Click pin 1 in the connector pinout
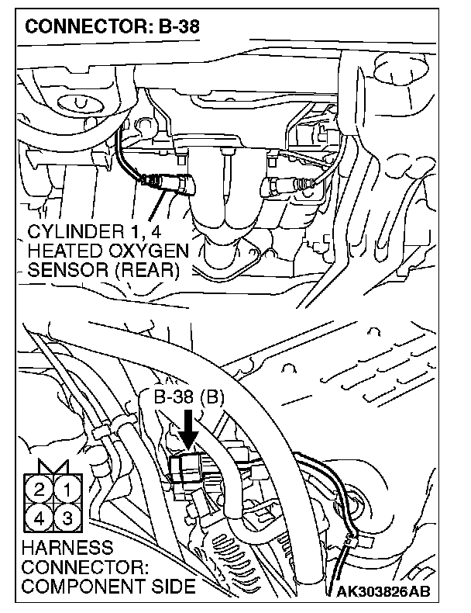pos(67,490)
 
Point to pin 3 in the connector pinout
pos(67,518)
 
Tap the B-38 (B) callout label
pos(188,398)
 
